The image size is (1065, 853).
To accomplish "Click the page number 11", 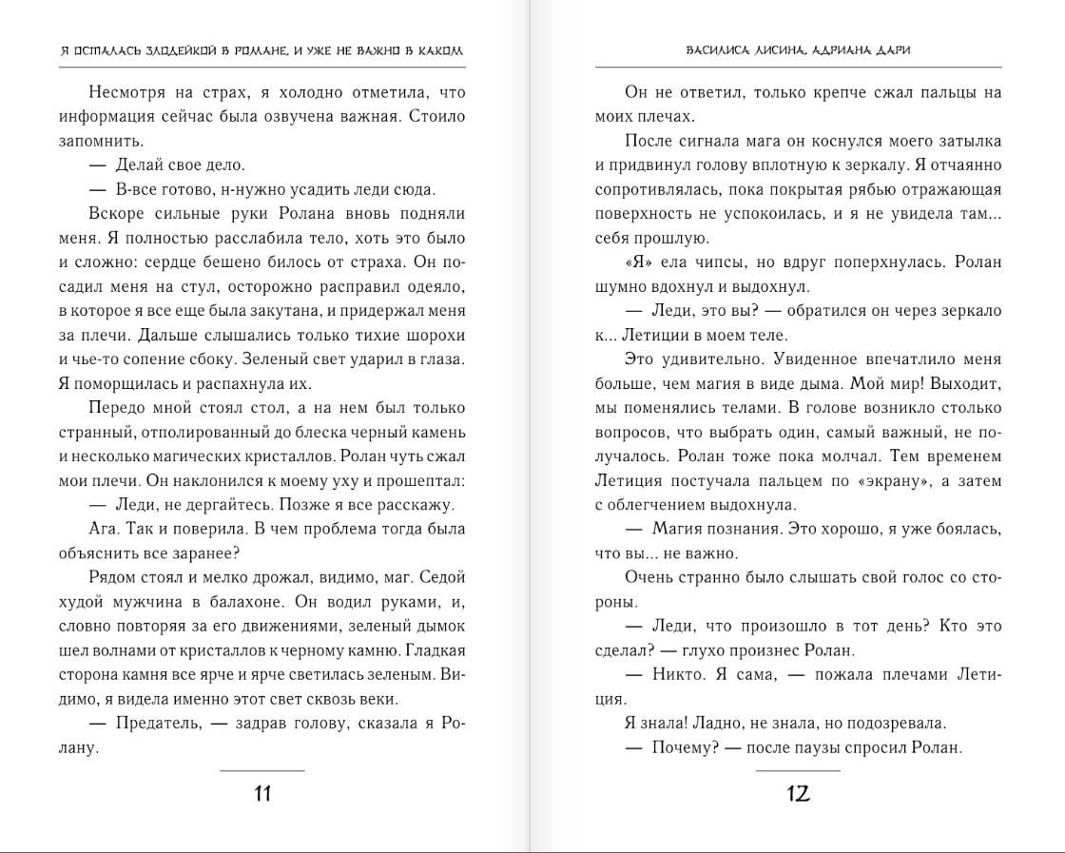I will (x=262, y=793).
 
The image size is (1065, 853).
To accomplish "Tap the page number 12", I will (x=798, y=793).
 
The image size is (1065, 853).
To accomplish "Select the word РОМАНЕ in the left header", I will (x=262, y=50).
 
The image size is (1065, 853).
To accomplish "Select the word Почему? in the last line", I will (x=684, y=747).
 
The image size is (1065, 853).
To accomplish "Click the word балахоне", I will (x=271, y=601).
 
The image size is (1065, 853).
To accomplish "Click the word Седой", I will (x=443, y=577).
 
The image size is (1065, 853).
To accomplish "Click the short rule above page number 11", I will (x=262, y=770).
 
